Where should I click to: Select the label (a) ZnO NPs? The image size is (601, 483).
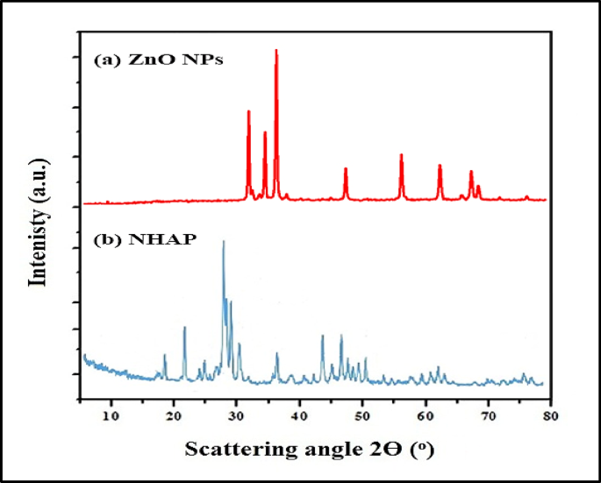[159, 60]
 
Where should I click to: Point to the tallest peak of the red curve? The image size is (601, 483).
[276, 51]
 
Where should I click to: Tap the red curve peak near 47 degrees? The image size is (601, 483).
[346, 168]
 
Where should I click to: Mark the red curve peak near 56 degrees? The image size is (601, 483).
[401, 155]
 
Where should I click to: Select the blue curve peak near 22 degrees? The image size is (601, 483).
[184, 328]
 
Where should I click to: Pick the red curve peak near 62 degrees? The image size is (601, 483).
[440, 166]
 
